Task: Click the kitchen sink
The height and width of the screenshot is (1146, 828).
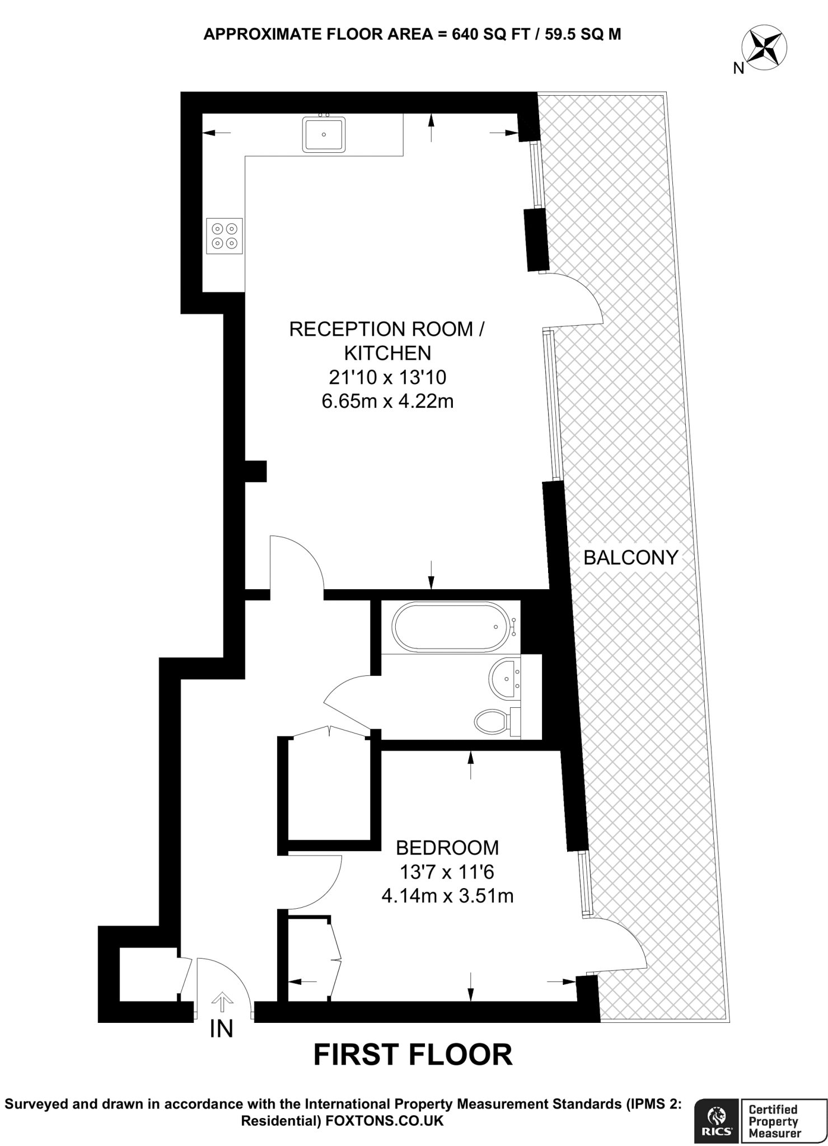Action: point(324,134)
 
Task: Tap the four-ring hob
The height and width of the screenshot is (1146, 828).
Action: point(224,236)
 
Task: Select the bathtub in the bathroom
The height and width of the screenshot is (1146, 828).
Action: point(452,627)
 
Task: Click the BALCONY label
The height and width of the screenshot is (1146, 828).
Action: point(630,557)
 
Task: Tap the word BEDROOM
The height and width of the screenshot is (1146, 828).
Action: point(447,848)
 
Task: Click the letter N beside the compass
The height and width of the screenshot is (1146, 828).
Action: point(738,68)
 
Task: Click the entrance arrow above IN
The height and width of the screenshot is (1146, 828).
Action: point(222,1001)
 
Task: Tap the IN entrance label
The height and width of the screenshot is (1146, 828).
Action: point(221,1028)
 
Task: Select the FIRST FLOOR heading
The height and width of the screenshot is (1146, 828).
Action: point(413,1055)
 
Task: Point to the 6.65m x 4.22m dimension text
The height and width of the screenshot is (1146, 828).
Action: point(387,401)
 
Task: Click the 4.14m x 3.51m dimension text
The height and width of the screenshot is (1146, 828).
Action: point(447,896)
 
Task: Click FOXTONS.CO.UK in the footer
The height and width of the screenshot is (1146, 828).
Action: point(384,1120)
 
